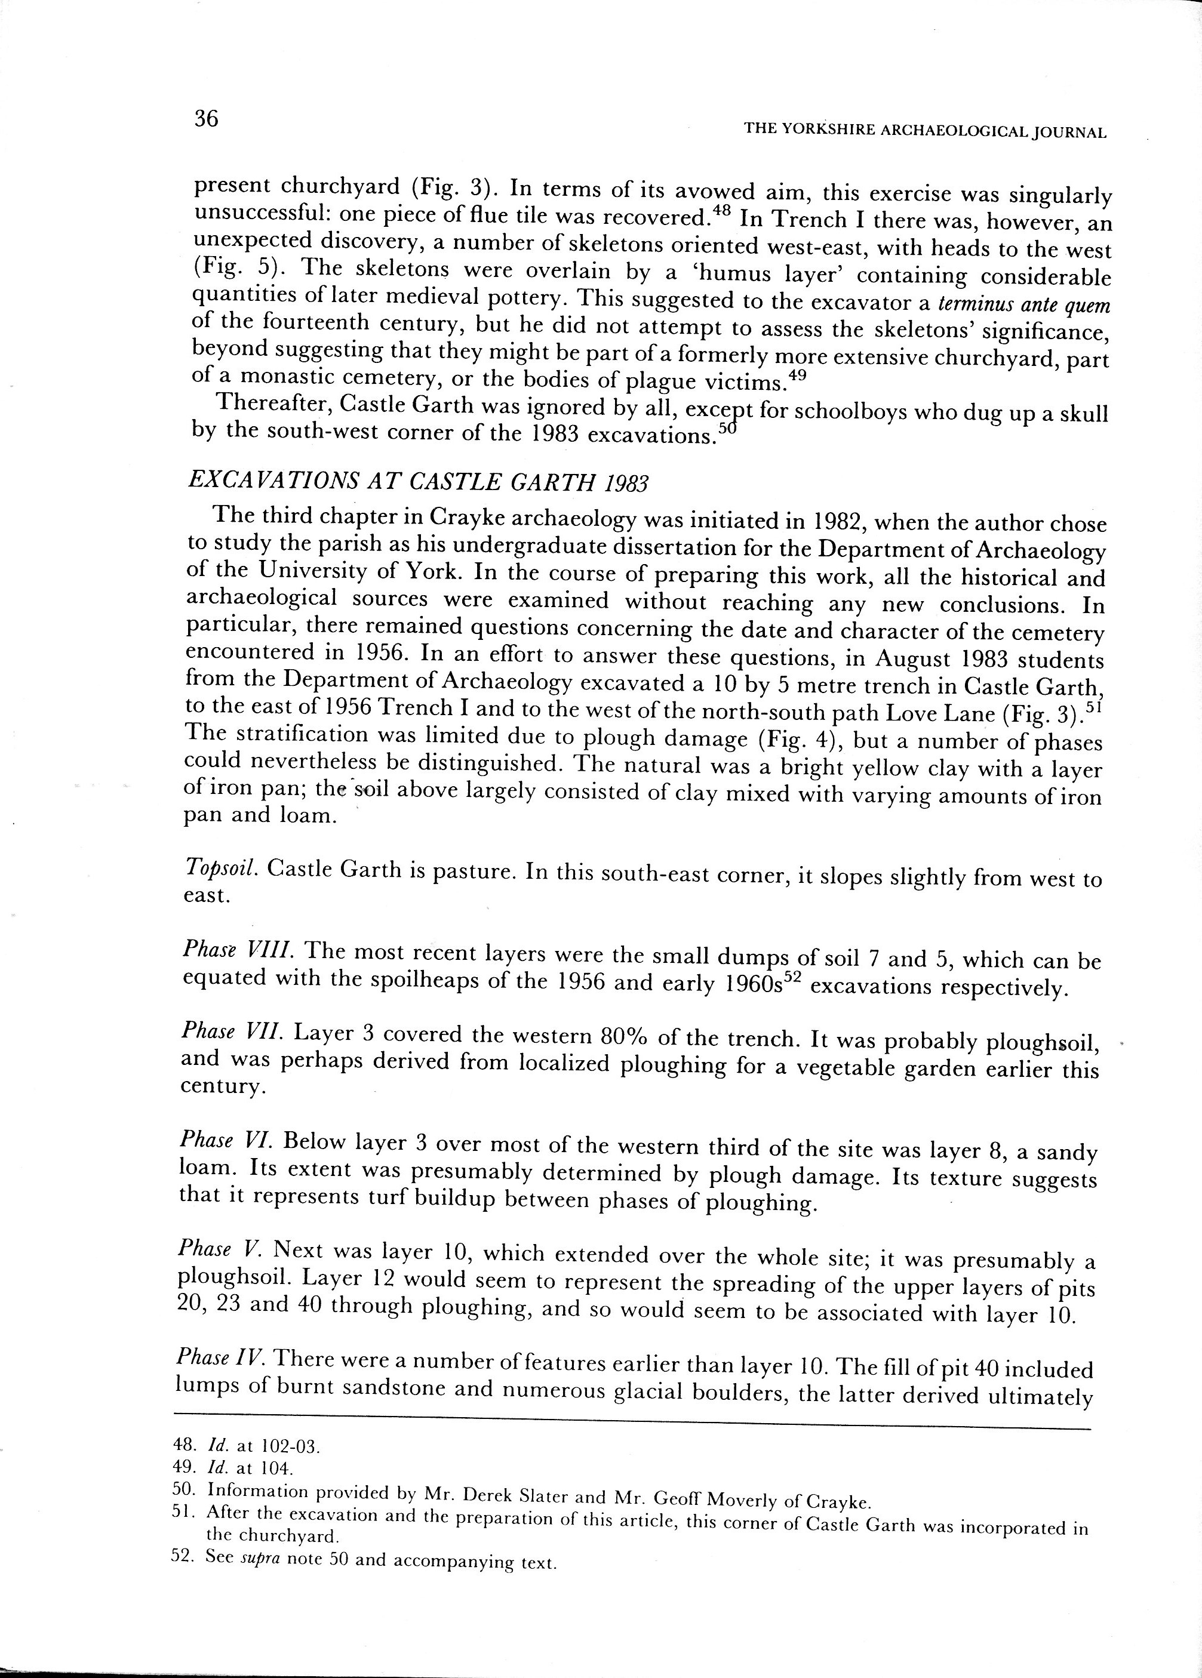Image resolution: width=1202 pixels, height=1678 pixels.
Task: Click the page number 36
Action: [207, 118]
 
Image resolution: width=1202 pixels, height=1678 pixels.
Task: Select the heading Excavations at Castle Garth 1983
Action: [418, 482]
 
